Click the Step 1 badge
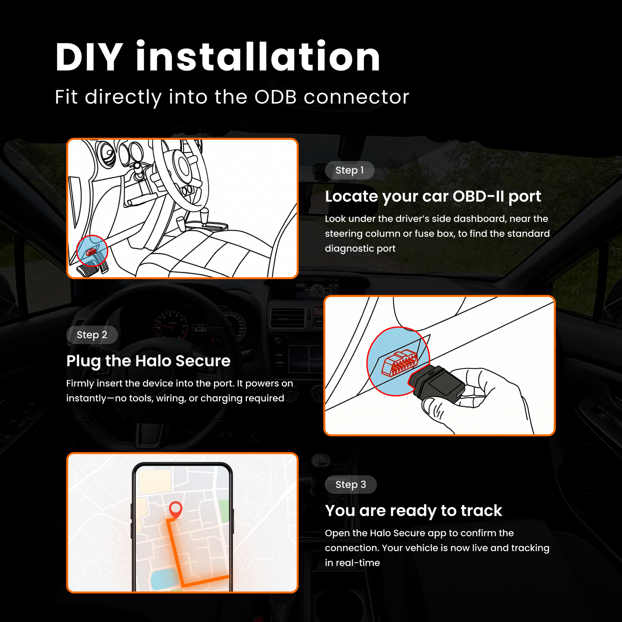click(349, 170)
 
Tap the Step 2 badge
click(92, 335)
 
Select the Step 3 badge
click(350, 484)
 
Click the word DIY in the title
click(89, 57)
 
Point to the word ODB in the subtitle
click(275, 97)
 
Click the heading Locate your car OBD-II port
click(433, 197)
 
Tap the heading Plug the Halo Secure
click(148, 361)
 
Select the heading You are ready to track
click(413, 511)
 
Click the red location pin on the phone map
click(176, 509)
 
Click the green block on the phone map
click(224, 511)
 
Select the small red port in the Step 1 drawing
click(91, 252)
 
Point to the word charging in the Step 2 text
click(220, 398)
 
